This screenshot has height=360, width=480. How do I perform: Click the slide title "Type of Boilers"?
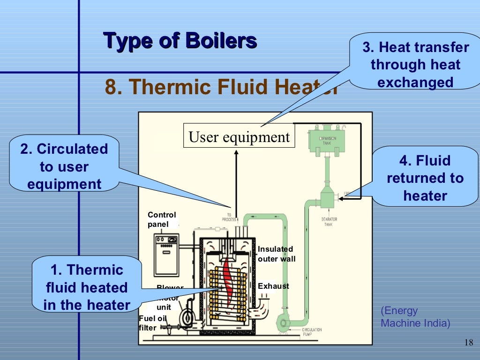click(x=180, y=41)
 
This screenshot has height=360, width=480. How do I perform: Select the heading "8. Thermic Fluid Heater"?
click(x=220, y=87)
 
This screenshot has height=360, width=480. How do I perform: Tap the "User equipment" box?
click(x=239, y=137)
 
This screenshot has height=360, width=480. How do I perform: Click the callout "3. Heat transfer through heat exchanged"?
click(x=415, y=65)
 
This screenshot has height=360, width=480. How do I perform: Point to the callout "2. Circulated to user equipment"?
click(x=64, y=166)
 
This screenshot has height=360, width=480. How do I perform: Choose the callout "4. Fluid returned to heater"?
click(x=425, y=178)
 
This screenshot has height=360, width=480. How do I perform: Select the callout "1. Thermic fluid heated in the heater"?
click(x=87, y=287)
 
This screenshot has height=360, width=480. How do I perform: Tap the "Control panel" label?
click(x=162, y=219)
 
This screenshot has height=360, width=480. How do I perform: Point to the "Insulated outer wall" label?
click(x=276, y=254)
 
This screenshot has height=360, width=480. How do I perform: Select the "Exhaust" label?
click(x=273, y=286)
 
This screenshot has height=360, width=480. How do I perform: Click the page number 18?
click(x=468, y=342)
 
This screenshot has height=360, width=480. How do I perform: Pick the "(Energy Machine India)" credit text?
click(x=415, y=317)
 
